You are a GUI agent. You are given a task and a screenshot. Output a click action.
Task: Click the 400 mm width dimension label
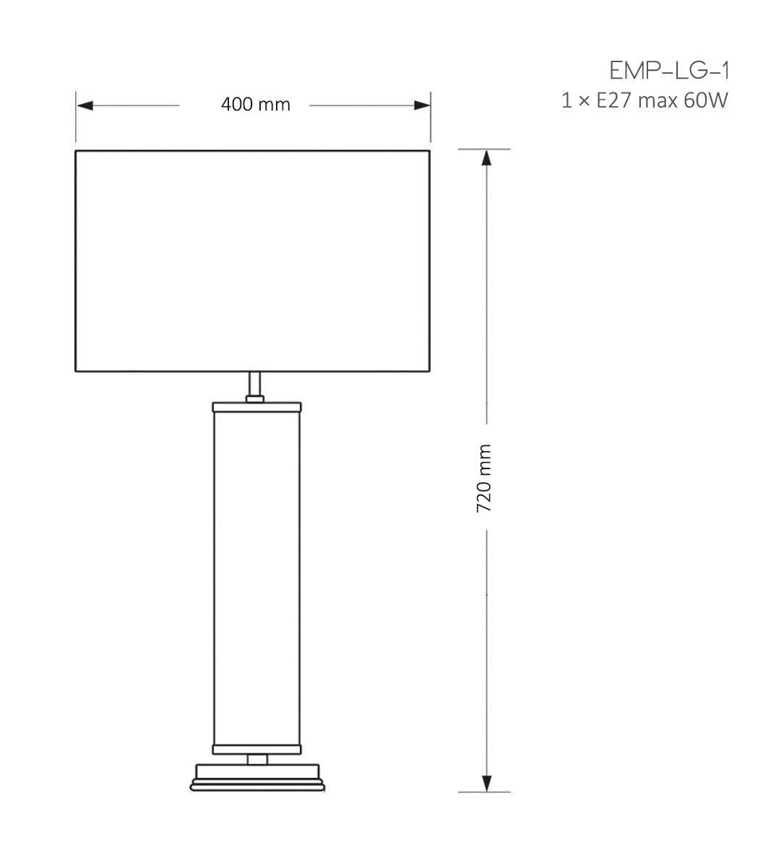pyautogui.click(x=255, y=105)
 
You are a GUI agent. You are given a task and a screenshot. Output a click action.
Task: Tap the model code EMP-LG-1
pyautogui.click(x=668, y=71)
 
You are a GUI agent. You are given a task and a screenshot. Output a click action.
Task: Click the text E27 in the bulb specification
pyautogui.click(x=613, y=100)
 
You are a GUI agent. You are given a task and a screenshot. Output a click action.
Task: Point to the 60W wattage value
pyautogui.click(x=705, y=100)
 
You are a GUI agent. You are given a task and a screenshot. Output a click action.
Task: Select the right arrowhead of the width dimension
pyautogui.click(x=422, y=106)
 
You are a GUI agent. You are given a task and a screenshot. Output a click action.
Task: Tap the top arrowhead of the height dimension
pyautogui.click(x=486, y=159)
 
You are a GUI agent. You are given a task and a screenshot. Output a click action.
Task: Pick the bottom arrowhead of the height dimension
pyautogui.click(x=486, y=783)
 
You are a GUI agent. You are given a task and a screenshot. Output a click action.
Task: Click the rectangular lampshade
pyautogui.click(x=252, y=260)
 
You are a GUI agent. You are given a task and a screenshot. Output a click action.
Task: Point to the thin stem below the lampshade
pyautogui.click(x=254, y=383)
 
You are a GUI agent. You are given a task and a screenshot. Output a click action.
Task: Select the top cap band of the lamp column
pyautogui.click(x=256, y=406)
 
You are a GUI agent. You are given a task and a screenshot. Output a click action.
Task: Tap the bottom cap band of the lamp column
pyautogui.click(x=256, y=748)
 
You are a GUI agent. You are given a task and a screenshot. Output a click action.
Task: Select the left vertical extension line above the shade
pyautogui.click(x=76, y=119)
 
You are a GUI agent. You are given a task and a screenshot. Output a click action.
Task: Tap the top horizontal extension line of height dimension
pyautogui.click(x=485, y=149)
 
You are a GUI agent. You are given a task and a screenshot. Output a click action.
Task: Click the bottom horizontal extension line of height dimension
pyautogui.click(x=485, y=792)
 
